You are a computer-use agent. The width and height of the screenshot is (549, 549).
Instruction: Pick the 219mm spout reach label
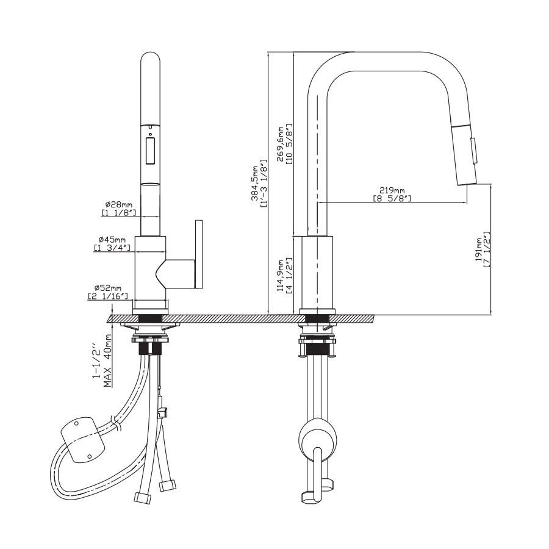pyautogui.click(x=392, y=190)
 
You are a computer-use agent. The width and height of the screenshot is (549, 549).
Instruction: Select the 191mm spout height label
pyautogui.click(x=479, y=249)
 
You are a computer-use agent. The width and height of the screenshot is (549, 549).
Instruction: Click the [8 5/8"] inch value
pyautogui.click(x=392, y=199)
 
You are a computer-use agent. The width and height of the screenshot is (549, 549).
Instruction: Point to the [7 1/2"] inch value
pyautogui.click(x=487, y=249)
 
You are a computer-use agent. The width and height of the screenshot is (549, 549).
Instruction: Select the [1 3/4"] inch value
pyautogui.click(x=110, y=248)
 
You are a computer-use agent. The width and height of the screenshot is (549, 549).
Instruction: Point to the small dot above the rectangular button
pyautogui.click(x=151, y=134)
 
